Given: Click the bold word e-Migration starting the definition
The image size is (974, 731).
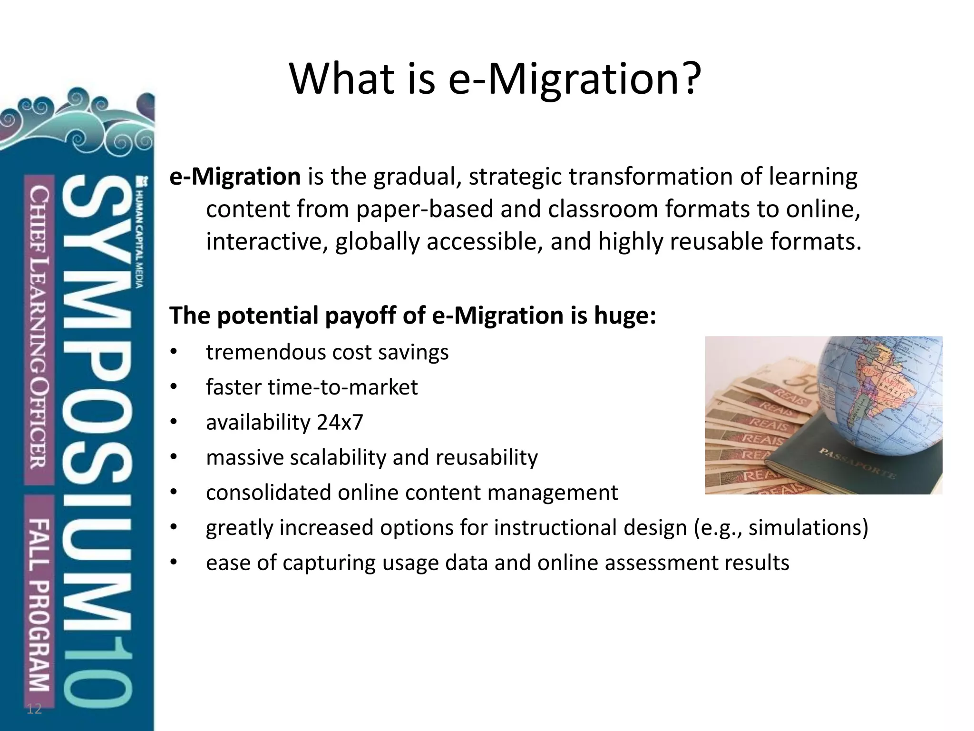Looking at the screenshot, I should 235,177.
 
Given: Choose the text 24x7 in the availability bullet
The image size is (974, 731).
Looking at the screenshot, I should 340,422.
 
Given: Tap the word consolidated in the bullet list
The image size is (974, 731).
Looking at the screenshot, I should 268,493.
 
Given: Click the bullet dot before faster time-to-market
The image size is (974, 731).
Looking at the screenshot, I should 173,387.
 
